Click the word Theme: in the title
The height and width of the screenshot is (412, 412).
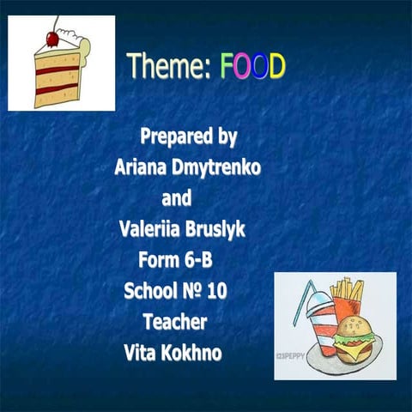click(x=168, y=67)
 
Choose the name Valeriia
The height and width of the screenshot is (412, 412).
click(x=151, y=229)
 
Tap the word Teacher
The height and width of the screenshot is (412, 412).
click(x=175, y=322)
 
